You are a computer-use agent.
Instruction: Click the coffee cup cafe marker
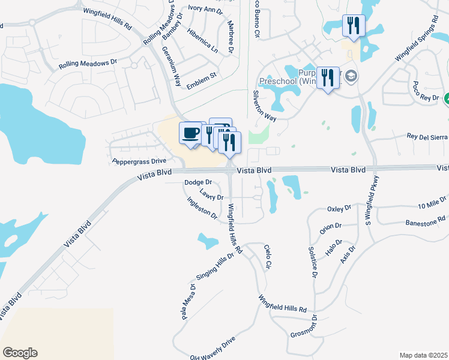[191, 132]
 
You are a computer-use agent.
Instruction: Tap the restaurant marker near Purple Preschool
[327, 77]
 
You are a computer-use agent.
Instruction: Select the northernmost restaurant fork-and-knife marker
[352, 25]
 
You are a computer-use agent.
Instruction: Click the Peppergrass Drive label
[139, 161]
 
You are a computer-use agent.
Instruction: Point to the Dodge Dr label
[199, 182]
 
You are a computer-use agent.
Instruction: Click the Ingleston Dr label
[202, 208]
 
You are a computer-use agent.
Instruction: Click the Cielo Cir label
[268, 256]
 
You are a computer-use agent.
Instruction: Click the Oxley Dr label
[339, 209]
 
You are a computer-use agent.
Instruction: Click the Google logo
[20, 353]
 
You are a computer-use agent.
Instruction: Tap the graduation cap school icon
[351, 76]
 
